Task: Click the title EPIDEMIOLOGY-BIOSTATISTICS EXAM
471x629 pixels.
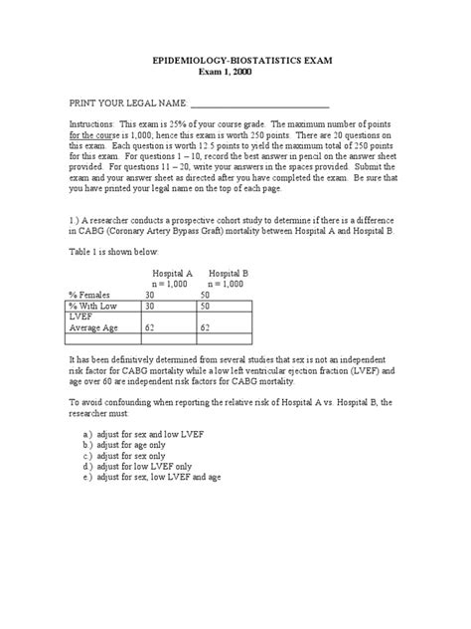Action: click(x=234, y=62)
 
